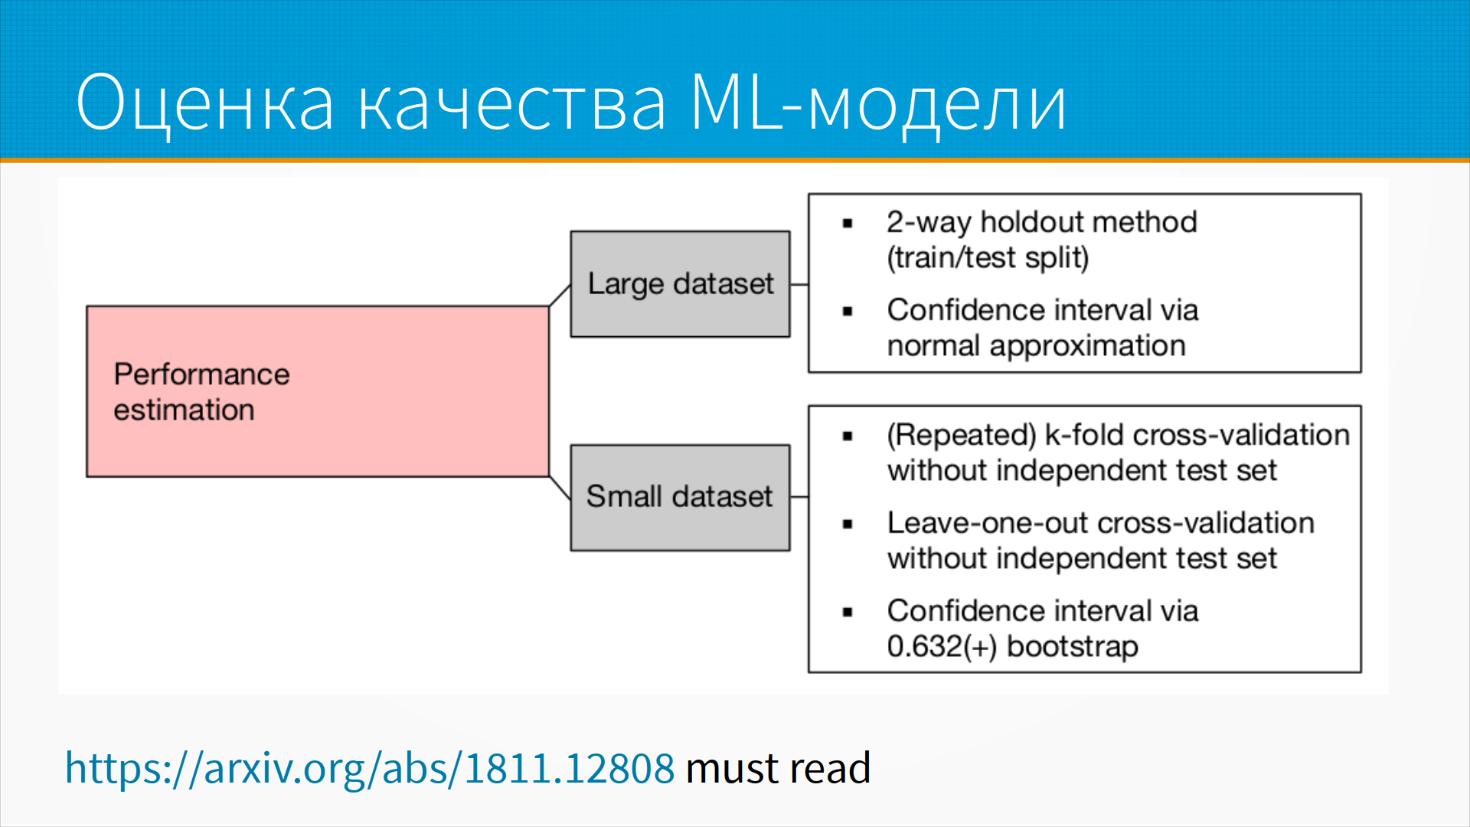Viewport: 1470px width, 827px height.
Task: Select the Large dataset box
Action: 680,284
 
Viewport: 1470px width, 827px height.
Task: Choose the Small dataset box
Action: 680,498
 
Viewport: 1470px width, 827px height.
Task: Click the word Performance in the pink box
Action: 202,374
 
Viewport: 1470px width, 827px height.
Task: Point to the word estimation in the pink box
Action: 184,410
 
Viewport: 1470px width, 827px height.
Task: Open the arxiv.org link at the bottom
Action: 370,768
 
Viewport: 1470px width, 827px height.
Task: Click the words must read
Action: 779,768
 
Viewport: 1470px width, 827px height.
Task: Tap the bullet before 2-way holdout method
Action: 848,224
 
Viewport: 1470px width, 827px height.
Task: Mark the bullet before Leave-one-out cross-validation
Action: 848,525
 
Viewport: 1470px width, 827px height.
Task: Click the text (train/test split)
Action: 988,258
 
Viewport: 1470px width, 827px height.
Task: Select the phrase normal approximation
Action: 1037,346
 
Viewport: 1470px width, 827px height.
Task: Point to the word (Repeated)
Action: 962,435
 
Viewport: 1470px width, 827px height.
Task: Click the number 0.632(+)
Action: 942,647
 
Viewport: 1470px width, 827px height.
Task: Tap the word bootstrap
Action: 1073,647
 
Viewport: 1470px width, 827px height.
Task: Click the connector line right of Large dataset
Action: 799,285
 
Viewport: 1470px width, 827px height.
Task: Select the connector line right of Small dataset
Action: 799,497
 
